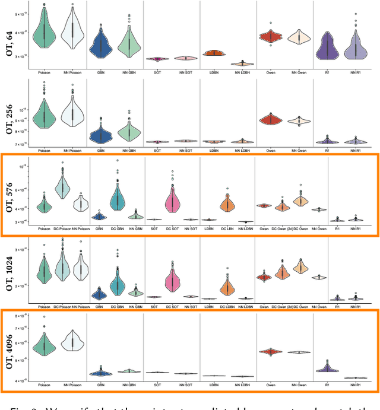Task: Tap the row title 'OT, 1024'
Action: point(9,270)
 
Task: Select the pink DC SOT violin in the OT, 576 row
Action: point(173,199)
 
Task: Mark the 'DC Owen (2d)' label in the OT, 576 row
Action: point(283,228)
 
